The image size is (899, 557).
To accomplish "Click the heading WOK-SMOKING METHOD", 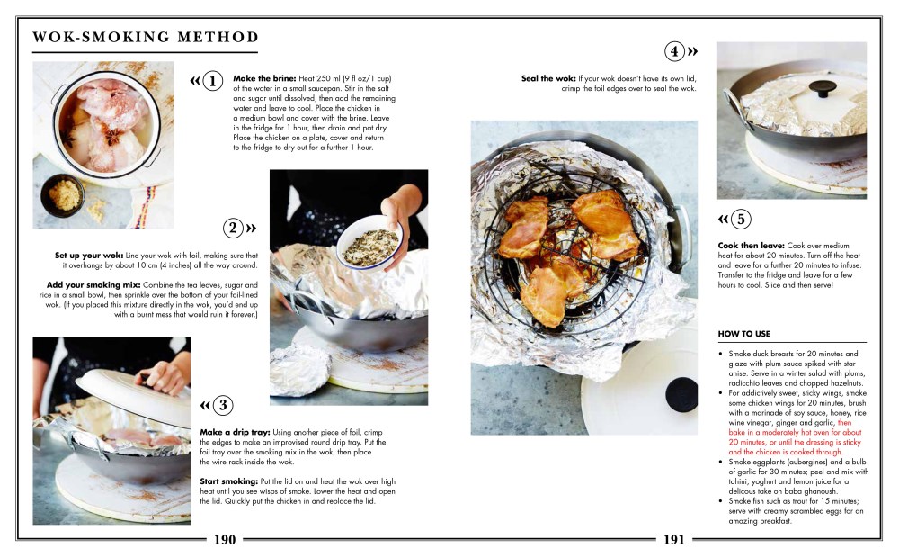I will pyautogui.click(x=145, y=37).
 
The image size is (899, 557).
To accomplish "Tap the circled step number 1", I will pyautogui.click(x=212, y=82).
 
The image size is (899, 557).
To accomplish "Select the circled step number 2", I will pyautogui.click(x=233, y=228).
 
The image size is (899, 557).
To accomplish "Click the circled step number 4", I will pyautogui.click(x=674, y=50).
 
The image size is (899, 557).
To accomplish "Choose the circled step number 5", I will pyautogui.click(x=740, y=219).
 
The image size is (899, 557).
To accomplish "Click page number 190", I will pyautogui.click(x=225, y=540).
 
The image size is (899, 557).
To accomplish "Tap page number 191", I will pyautogui.click(x=674, y=540).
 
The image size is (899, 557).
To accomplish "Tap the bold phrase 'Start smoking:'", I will pyautogui.click(x=230, y=481).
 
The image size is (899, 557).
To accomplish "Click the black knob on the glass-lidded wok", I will pyautogui.click(x=820, y=89).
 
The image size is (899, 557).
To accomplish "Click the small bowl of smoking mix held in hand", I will pyautogui.click(x=369, y=242).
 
